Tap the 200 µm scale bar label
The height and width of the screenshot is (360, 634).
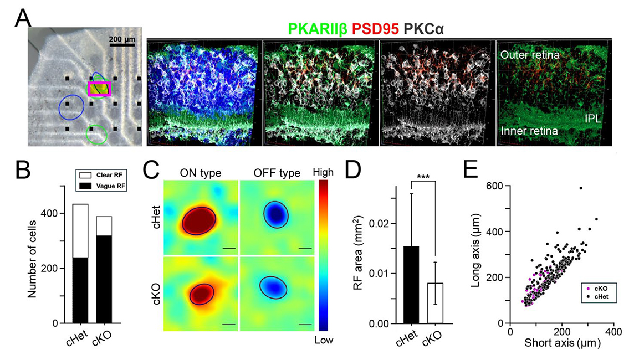point(121,39)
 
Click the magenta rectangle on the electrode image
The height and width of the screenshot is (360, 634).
point(99,89)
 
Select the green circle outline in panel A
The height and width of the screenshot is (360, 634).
point(96,134)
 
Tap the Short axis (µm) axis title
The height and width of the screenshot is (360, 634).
point(561,344)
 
